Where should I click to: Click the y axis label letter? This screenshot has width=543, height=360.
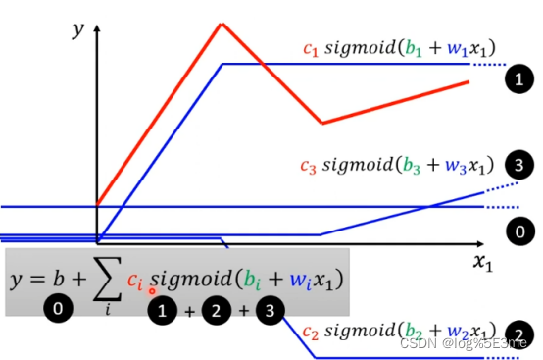[78, 28]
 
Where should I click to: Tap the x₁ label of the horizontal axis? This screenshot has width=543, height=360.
[481, 261]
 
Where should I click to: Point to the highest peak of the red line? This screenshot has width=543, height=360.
[221, 22]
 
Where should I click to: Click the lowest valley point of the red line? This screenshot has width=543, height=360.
[321, 124]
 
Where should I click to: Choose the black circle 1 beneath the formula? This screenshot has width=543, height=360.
[161, 312]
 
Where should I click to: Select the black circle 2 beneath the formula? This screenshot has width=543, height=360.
[216, 312]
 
